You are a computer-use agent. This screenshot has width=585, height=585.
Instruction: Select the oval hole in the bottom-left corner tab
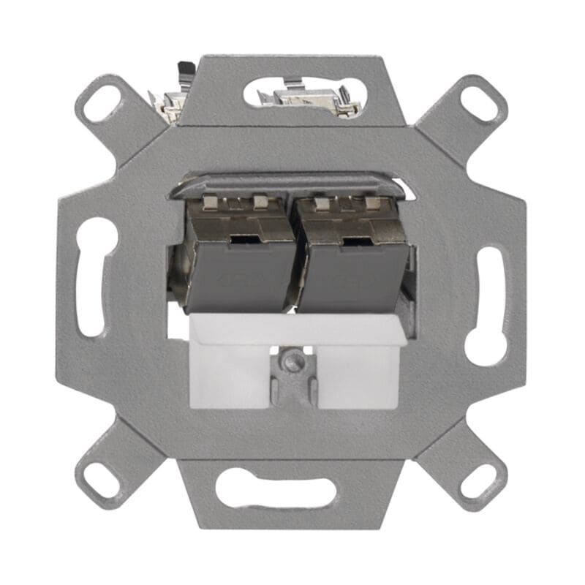coord(102,479)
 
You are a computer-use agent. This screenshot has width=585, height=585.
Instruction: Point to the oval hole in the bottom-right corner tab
coord(480,480)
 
